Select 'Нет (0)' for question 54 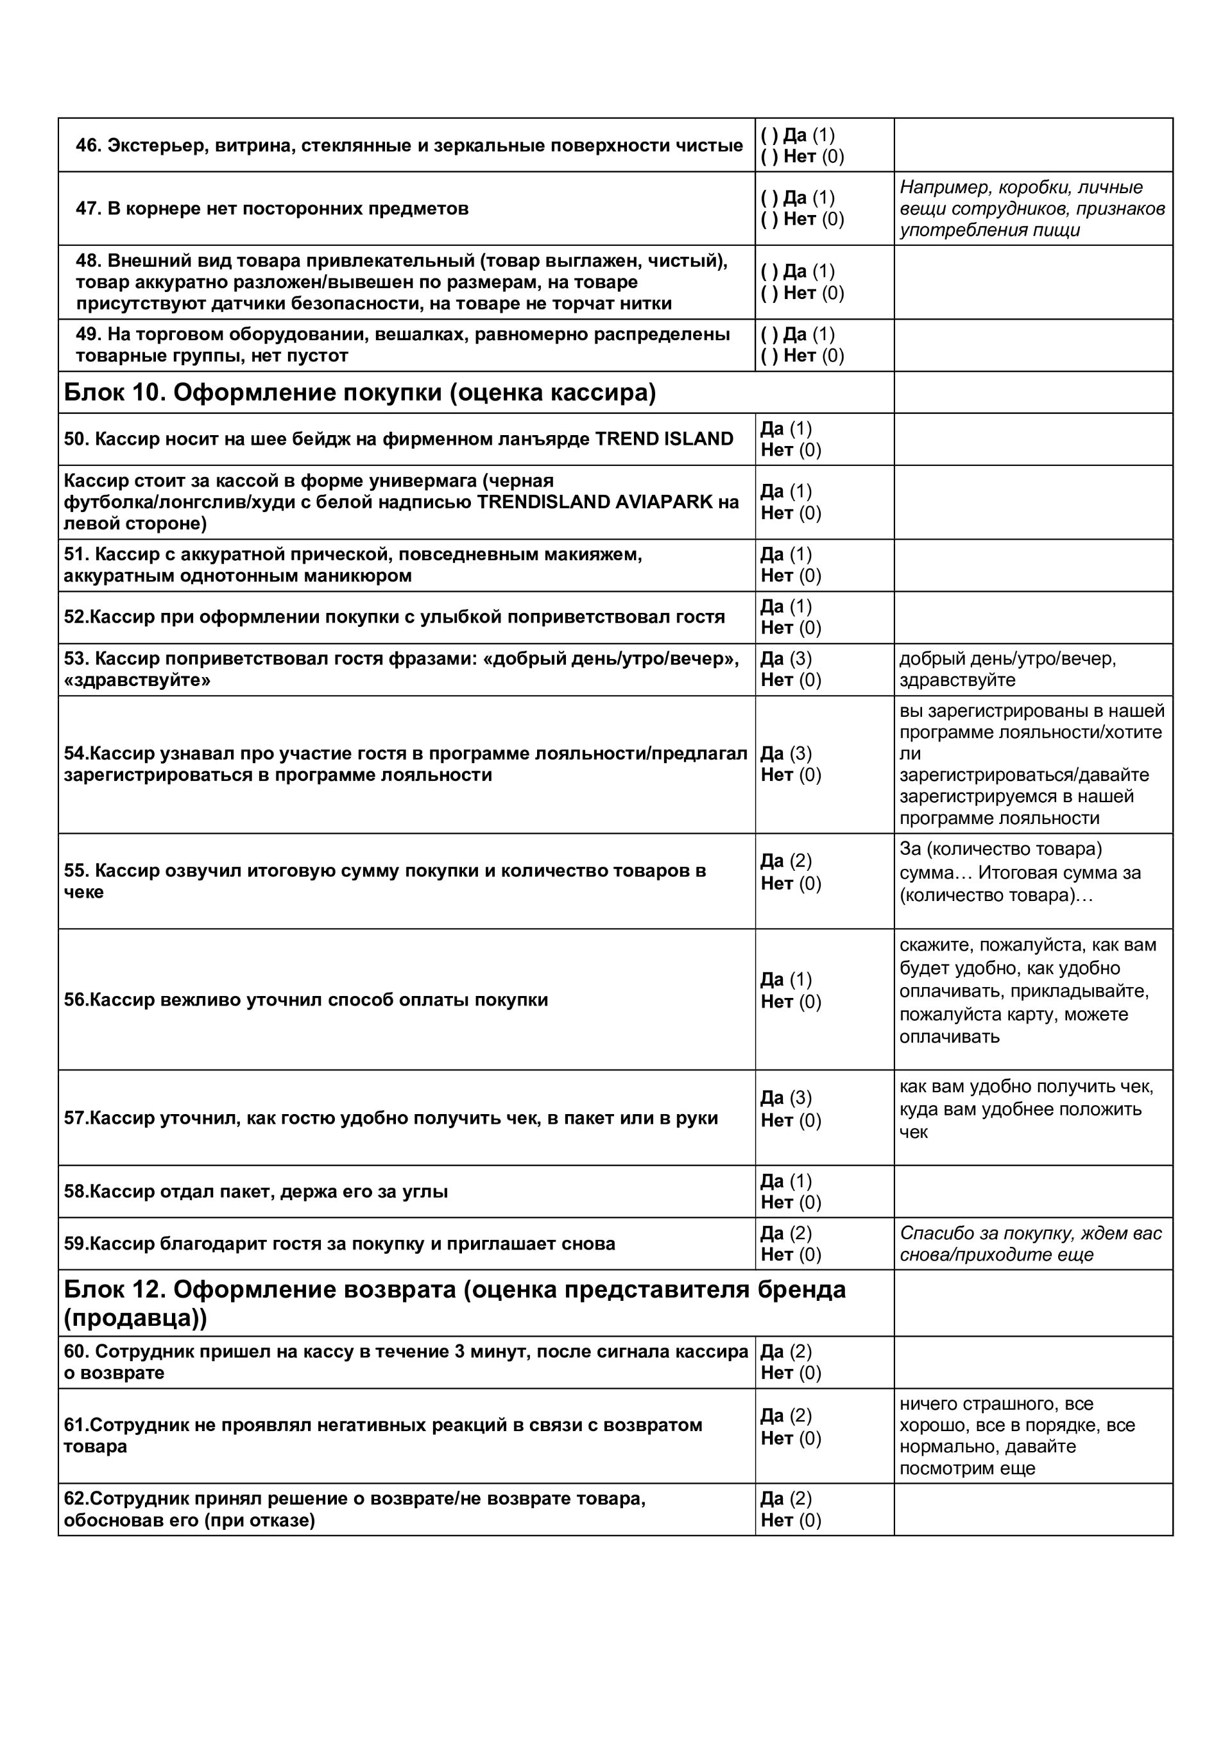[790, 775]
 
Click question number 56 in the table [75, 1000]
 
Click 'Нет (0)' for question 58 [790, 1203]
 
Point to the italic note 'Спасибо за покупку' [1030, 1233]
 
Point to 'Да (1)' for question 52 [785, 606]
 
